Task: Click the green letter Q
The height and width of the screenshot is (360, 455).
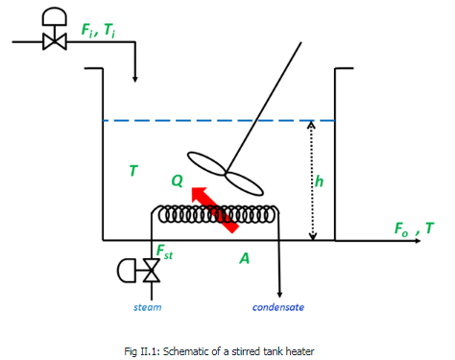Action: click(x=177, y=180)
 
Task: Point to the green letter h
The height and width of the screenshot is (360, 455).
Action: click(x=320, y=180)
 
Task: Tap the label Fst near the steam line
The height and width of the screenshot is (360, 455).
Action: click(x=164, y=252)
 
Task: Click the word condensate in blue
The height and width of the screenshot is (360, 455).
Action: click(x=278, y=307)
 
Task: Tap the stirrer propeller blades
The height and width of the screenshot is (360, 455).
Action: click(x=223, y=169)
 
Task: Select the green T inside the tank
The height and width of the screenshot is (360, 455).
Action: click(x=133, y=171)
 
